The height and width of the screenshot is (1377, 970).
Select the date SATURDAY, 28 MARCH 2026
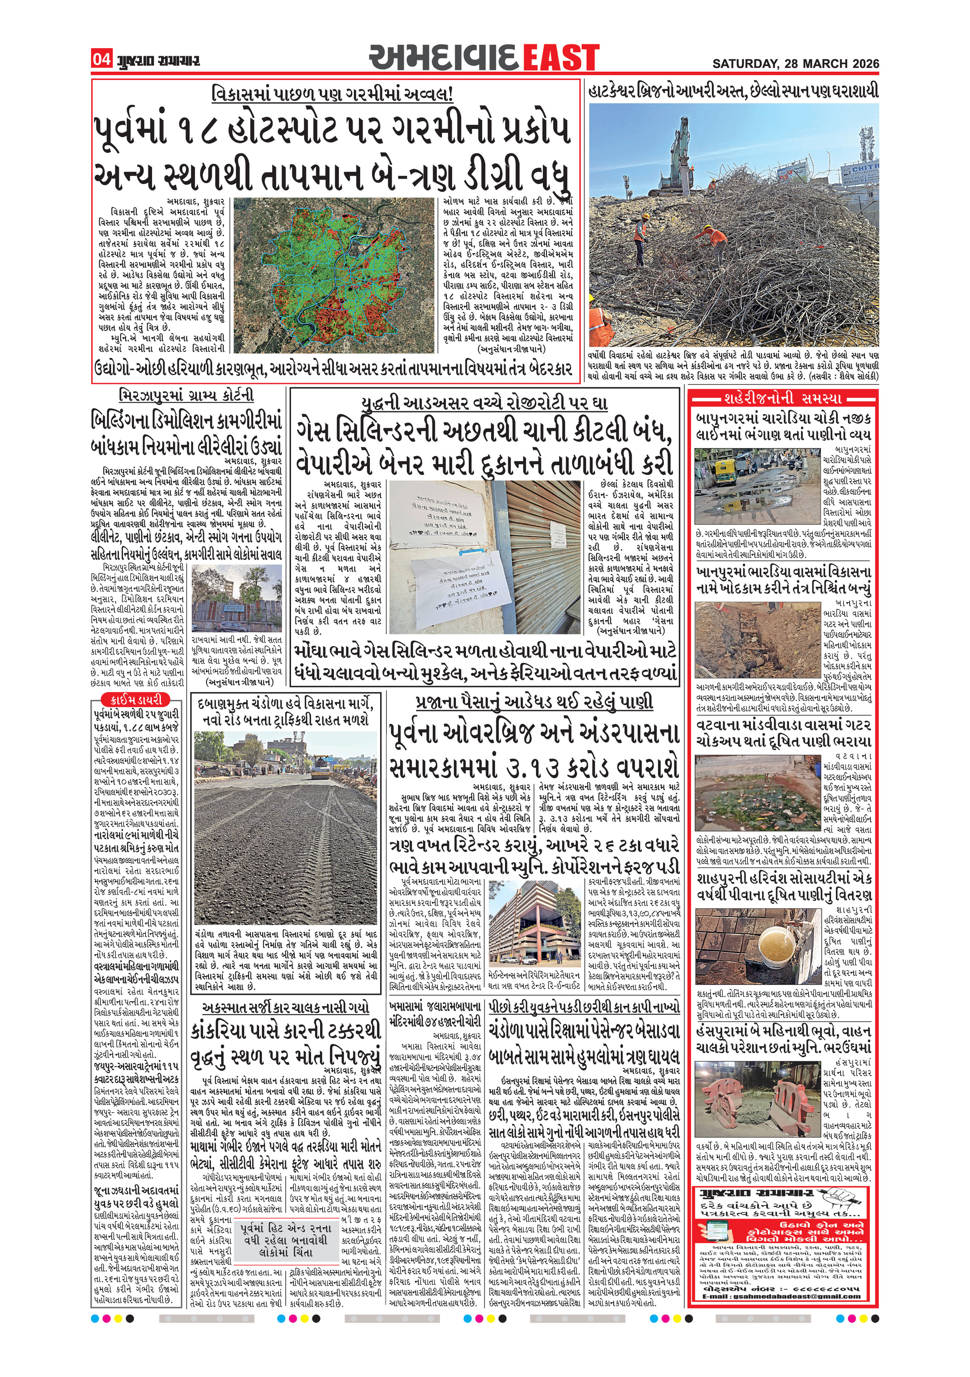795,63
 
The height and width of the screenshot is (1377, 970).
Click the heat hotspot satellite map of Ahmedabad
334,275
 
